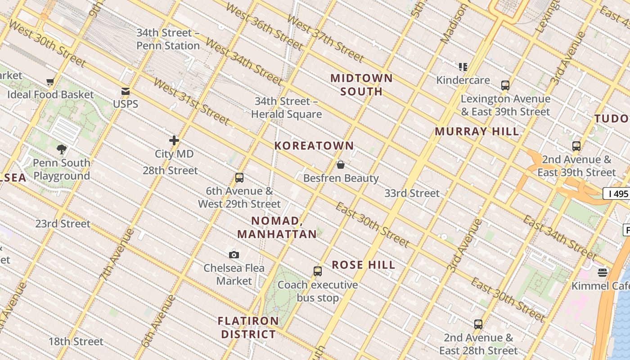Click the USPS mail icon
(126, 91)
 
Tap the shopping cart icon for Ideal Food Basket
(50, 82)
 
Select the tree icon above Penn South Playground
(62, 149)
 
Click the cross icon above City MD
(174, 140)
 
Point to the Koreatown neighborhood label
(314, 146)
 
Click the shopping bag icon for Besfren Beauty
(341, 165)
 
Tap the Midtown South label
(361, 85)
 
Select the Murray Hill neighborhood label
(477, 132)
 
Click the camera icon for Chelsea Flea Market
(234, 255)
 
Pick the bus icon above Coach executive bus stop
(318, 271)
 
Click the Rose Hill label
(364, 265)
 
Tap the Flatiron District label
(248, 328)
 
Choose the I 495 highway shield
(617, 194)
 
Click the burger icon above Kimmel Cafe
(603, 272)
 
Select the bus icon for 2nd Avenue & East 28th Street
(478, 324)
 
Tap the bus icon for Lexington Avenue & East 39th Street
(505, 85)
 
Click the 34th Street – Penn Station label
(168, 39)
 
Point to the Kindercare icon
(463, 67)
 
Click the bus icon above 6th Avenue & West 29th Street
(239, 178)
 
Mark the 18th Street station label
(76, 342)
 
